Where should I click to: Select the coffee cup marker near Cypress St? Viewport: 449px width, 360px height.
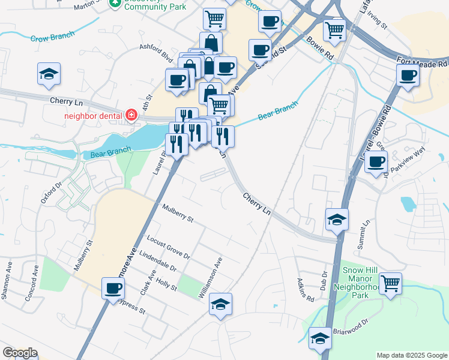point(113,288)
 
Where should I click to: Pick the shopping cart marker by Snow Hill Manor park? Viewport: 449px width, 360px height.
point(390,283)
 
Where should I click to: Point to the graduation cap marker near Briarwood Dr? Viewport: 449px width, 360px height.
point(320,338)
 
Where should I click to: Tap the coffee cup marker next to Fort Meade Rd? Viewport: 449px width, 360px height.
point(408,76)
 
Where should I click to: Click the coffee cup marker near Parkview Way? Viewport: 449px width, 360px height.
point(376,161)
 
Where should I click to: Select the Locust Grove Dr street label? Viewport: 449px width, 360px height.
point(168,247)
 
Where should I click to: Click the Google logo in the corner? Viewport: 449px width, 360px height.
point(19,353)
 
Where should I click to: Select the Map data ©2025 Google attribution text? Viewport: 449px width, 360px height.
point(412,355)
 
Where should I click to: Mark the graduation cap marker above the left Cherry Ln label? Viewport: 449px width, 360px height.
point(49,74)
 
